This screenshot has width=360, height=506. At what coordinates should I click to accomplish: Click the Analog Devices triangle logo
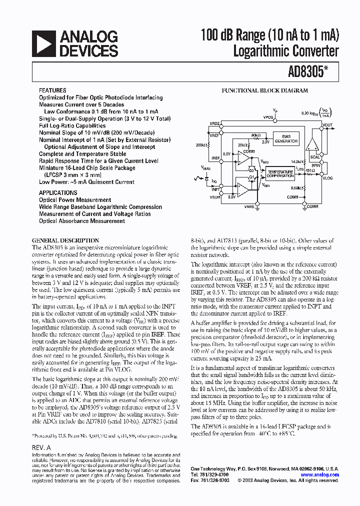click(43, 43)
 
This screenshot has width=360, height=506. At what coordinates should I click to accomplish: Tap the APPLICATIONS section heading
click(58, 192)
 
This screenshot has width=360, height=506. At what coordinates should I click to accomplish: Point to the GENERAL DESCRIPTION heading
click(65, 240)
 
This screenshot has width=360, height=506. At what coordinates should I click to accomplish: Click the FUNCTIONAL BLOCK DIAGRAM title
click(265, 91)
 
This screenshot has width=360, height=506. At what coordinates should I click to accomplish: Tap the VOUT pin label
click(327, 125)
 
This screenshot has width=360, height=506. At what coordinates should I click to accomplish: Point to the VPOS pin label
click(268, 115)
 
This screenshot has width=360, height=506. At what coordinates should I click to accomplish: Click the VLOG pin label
click(327, 177)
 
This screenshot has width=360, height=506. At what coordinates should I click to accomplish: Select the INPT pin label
click(215, 189)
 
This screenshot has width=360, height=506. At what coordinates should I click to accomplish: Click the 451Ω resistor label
click(310, 170)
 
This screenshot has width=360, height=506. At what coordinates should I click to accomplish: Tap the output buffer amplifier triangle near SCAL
click(312, 144)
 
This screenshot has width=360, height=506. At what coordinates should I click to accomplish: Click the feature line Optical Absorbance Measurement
click(82, 221)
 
